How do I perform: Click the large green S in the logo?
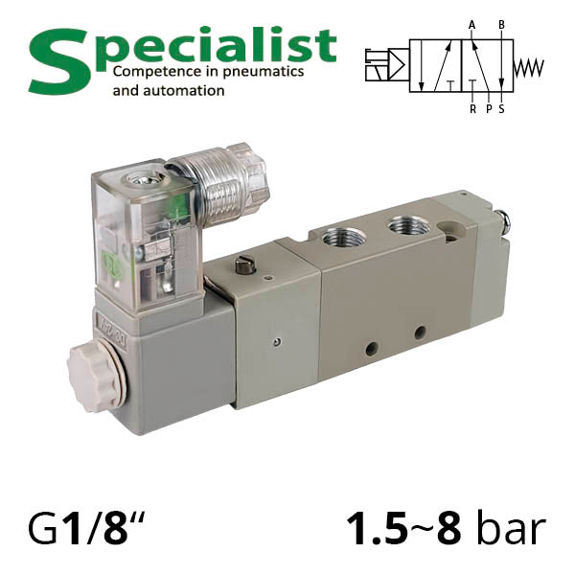pyautogui.click(x=58, y=61)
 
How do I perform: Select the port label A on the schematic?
pyautogui.click(x=471, y=25)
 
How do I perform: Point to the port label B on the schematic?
pyautogui.click(x=501, y=25)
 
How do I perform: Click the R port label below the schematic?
pyautogui.click(x=473, y=109)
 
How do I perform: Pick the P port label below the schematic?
pyautogui.click(x=489, y=109)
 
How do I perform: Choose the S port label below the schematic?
pyautogui.click(x=501, y=109)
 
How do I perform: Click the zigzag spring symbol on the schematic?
pyautogui.click(x=528, y=68)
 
